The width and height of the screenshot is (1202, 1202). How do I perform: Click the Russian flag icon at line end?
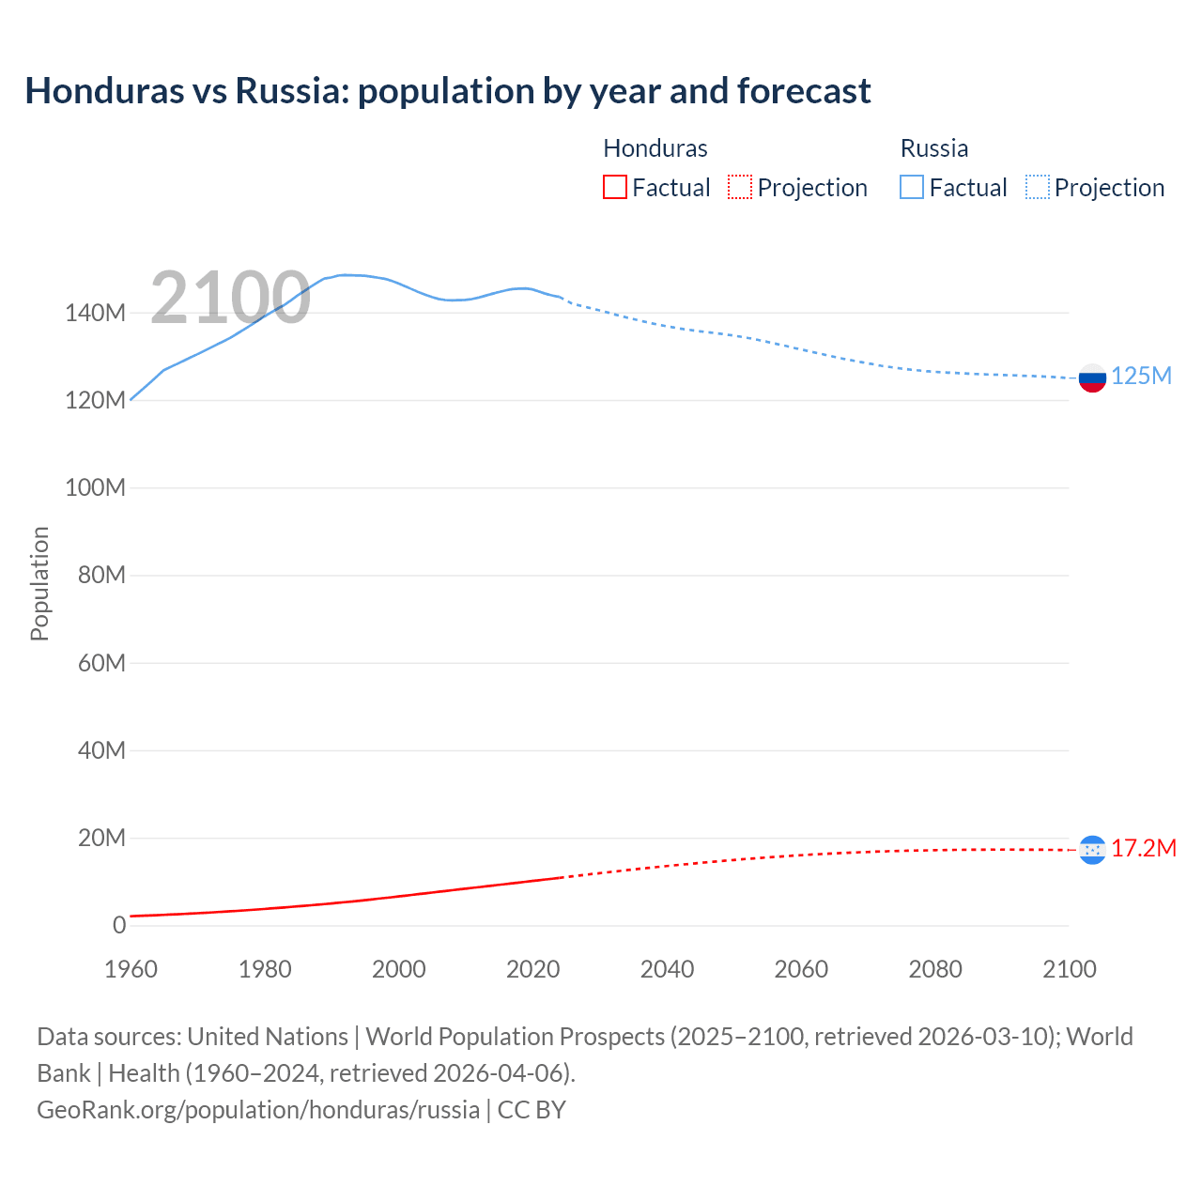(1092, 378)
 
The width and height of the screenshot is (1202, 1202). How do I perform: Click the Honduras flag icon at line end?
(1092, 850)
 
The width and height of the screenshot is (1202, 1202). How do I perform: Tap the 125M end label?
(1141, 377)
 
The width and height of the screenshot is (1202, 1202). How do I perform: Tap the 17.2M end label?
(1144, 849)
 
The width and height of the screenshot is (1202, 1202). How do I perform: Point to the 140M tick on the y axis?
(95, 314)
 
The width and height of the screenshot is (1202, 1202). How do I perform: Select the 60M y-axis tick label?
(101, 664)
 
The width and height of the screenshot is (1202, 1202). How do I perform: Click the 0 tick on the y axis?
(119, 926)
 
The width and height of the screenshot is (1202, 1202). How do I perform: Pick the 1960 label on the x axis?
(131, 969)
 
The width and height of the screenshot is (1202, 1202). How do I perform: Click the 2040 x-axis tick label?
(667, 969)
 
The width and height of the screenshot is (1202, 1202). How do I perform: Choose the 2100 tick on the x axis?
(1069, 969)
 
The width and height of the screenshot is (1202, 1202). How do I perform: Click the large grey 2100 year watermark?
(230, 298)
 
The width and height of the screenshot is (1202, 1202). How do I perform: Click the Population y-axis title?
(39, 583)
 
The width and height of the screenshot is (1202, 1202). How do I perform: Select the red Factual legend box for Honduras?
(615, 187)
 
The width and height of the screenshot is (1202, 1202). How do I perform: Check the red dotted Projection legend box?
(740, 187)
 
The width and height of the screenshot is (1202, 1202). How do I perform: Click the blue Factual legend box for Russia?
(912, 187)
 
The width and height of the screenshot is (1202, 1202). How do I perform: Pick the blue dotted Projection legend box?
(1037, 187)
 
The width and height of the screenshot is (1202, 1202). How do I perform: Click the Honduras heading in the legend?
(655, 148)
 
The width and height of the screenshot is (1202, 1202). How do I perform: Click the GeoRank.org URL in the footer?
(258, 1110)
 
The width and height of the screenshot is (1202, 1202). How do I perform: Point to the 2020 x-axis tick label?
(532, 969)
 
